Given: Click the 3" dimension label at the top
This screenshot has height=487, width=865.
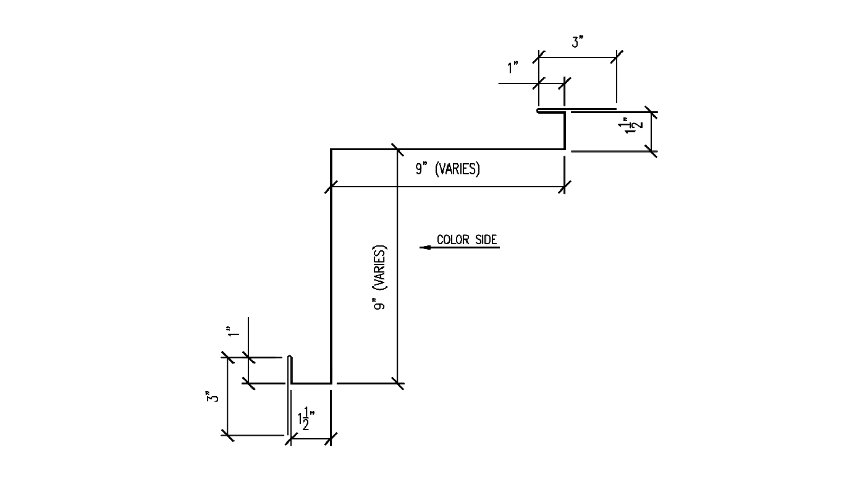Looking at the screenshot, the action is pyautogui.click(x=577, y=41).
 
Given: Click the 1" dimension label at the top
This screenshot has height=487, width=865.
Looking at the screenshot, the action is pyautogui.click(x=512, y=67).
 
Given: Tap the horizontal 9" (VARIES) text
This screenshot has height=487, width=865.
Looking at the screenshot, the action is pyautogui.click(x=447, y=169).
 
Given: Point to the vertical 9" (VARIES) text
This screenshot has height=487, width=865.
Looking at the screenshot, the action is pyautogui.click(x=379, y=277).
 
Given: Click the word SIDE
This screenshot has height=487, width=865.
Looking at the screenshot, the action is pyautogui.click(x=486, y=240).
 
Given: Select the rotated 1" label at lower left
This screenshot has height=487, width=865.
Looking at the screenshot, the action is pyautogui.click(x=233, y=331).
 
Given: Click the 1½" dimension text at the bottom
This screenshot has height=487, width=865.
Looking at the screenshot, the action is pyautogui.click(x=306, y=418).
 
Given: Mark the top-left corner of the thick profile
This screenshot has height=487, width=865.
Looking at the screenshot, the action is pyautogui.click(x=331, y=149).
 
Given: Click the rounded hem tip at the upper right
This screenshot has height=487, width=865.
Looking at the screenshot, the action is pyautogui.click(x=538, y=111).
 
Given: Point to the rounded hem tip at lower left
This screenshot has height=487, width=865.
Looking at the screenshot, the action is pyautogui.click(x=290, y=357).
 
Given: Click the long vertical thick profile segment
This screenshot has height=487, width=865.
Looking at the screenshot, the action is pyautogui.click(x=331, y=266).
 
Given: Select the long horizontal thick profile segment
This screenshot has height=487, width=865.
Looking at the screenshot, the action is pyautogui.click(x=448, y=149).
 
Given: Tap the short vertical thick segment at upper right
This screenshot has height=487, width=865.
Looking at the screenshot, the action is pyautogui.click(x=565, y=131).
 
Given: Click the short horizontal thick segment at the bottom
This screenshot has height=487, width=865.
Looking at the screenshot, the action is pyautogui.click(x=311, y=383).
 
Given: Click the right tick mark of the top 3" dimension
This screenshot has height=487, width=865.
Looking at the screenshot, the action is pyautogui.click(x=617, y=57).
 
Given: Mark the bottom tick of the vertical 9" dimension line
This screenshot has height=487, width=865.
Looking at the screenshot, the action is pyautogui.click(x=397, y=383).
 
